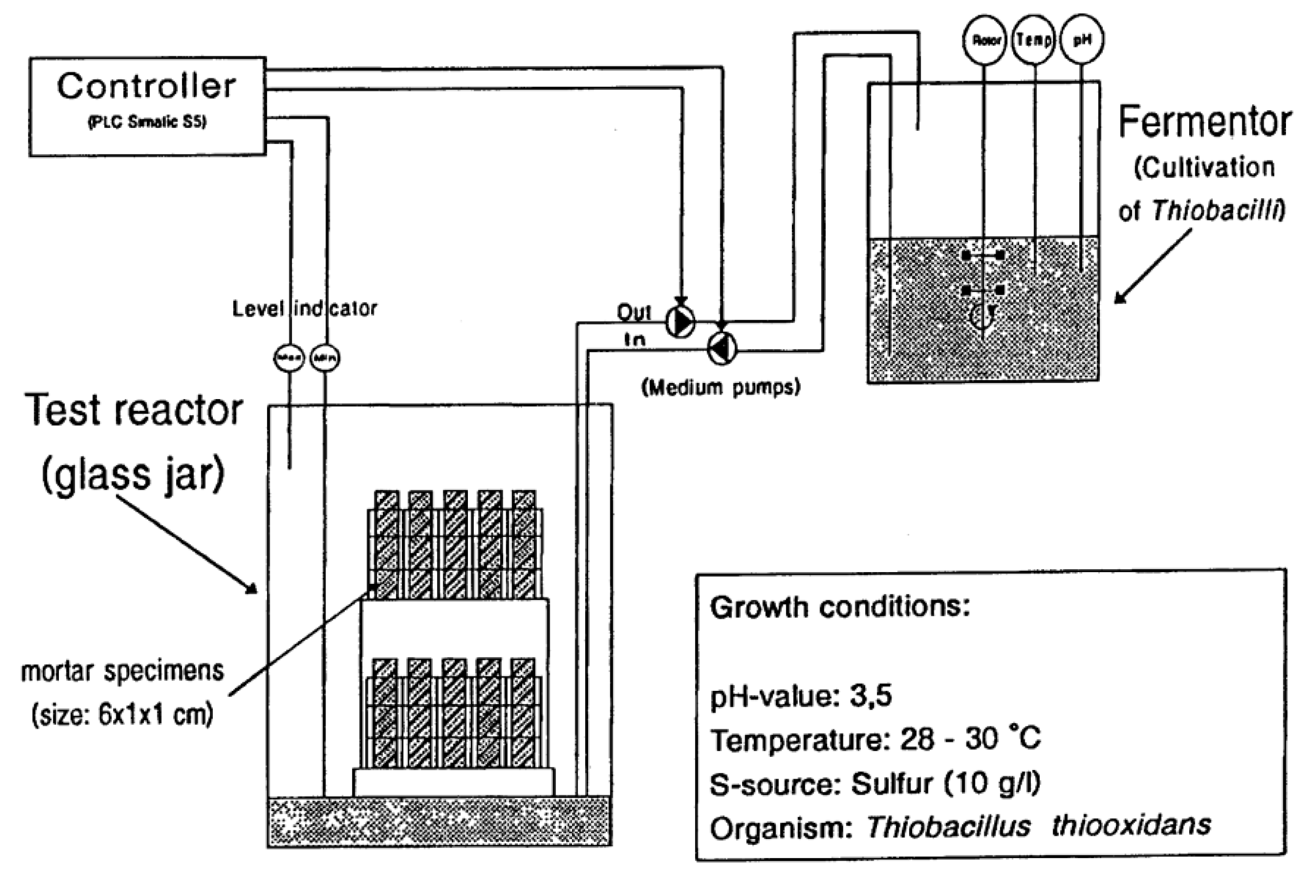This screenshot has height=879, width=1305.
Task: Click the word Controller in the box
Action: (146, 87)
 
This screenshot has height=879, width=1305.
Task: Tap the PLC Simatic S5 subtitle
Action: (147, 122)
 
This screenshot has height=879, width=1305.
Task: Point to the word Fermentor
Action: (1204, 122)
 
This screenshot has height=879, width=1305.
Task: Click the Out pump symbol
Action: (680, 322)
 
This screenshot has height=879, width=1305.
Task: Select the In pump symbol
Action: (722, 349)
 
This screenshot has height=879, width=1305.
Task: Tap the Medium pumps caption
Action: (721, 387)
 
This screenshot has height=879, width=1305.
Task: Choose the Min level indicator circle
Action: (324, 358)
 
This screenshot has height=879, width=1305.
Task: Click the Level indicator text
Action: (304, 308)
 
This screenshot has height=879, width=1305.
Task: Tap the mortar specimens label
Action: (123, 671)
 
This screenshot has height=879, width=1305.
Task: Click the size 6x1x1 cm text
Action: (123, 714)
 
